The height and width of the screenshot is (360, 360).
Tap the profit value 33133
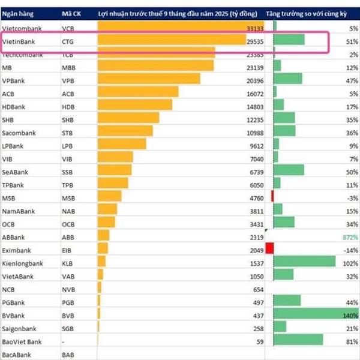pyautogui.click(x=255, y=28)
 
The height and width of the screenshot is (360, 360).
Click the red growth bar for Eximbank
pyautogui.click(x=269, y=248)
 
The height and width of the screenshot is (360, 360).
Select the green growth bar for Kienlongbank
pyautogui.click(x=304, y=262)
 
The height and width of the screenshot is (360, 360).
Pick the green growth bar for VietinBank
pyautogui.click(x=289, y=41)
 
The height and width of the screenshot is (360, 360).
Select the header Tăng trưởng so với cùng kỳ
pyautogui.click(x=311, y=13)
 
